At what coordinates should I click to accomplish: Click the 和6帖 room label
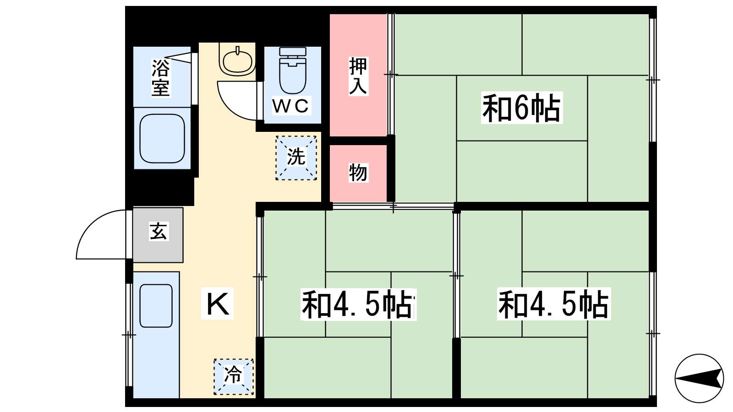[x=521, y=108]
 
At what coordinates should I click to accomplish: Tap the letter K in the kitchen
[x=217, y=303]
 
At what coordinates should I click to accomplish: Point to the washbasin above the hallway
[x=237, y=60]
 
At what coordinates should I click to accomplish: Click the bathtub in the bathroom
[x=162, y=138]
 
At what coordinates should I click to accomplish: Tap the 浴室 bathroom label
[x=161, y=77]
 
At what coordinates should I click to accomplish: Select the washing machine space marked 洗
[x=296, y=157]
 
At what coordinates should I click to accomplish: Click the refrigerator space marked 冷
[x=234, y=376]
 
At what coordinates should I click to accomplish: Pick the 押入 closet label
[x=358, y=76]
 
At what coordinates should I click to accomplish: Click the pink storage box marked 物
[x=358, y=173]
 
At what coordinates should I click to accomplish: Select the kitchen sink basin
[x=156, y=306]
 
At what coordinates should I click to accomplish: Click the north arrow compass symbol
[x=699, y=378]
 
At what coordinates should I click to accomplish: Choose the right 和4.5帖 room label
[x=554, y=304]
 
